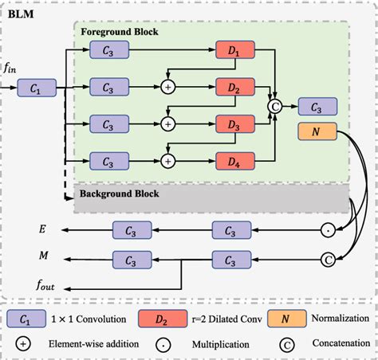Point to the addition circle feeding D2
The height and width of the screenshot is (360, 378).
coord(168,87)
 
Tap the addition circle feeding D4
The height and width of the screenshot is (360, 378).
coord(168,162)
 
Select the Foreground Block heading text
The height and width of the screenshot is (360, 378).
coord(120,33)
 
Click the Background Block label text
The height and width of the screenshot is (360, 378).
coord(118,194)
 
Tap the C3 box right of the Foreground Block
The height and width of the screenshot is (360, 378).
coord(317,106)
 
